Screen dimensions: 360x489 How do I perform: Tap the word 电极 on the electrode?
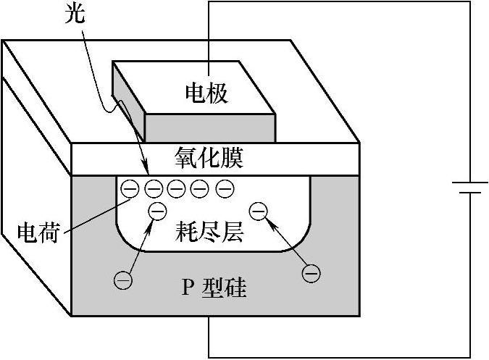point(206,93)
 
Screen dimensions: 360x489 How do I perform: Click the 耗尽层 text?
point(209,233)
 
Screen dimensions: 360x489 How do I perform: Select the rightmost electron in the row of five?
point(225,189)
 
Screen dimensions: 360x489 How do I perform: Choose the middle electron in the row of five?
point(177,189)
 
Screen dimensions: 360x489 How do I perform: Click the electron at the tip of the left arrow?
point(157,212)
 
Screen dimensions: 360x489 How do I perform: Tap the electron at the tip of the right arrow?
point(257,212)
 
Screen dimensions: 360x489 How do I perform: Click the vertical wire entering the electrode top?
point(209,36)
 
